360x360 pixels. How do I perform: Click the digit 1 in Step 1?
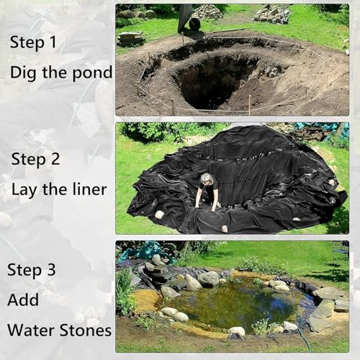pos(53,42)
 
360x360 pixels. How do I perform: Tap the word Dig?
pos(24,73)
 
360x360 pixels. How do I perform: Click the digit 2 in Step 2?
pos(55,159)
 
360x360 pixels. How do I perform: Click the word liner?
pos(89,189)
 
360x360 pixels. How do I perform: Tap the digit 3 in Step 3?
pos(51,269)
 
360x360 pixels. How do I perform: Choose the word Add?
pos(23,300)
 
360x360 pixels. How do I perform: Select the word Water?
pos(32,330)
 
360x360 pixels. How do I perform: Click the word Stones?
pos(85,330)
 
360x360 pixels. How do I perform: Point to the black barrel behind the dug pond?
pos(194,24)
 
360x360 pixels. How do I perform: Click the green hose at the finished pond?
pos(303,336)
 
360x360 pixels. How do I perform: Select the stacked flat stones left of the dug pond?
pos(131,39)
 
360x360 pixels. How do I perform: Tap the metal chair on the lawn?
pos(341,252)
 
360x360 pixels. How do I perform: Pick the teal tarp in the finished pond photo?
pos(146,252)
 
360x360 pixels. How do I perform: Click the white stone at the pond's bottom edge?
pos(237,332)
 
